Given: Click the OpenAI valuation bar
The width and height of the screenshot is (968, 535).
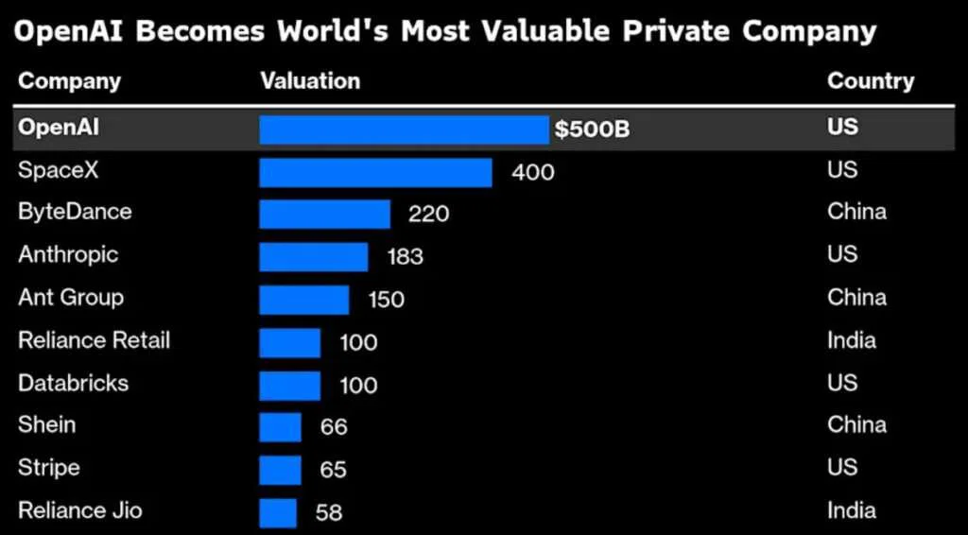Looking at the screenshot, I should tap(404, 129).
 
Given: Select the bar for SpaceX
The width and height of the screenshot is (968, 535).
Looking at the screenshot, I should tap(375, 172).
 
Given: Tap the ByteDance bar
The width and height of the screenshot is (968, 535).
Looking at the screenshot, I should tap(324, 215).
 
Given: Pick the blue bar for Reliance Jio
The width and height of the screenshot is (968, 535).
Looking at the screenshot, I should tap(278, 513).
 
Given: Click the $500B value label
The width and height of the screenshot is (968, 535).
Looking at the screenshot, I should tap(592, 129).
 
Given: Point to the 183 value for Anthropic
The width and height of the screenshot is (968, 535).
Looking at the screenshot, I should tap(405, 257).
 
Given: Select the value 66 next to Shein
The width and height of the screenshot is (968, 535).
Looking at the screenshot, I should tap(334, 427).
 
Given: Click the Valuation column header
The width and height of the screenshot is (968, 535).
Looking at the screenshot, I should tap(310, 81).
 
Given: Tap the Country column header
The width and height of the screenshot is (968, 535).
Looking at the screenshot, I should tap(871, 81).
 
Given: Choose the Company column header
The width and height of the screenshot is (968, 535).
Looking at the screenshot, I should tap(69, 81).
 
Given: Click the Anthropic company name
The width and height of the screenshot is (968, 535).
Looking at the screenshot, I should tap(68, 255).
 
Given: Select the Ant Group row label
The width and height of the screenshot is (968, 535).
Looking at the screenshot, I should tap(71, 298).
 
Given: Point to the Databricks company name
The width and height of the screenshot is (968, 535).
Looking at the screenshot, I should tap(73, 383).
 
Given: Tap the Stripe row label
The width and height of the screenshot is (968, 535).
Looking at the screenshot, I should tap(49, 468).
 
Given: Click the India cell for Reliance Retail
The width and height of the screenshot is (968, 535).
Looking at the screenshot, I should tap(852, 340).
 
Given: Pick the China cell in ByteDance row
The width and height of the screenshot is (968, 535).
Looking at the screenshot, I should tap(856, 212).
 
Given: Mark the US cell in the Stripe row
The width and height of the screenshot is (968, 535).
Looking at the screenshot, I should tap(842, 468).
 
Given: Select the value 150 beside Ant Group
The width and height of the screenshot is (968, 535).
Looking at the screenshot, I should tap(386, 301).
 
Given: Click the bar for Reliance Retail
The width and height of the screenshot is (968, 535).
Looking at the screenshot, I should tap(290, 342).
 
